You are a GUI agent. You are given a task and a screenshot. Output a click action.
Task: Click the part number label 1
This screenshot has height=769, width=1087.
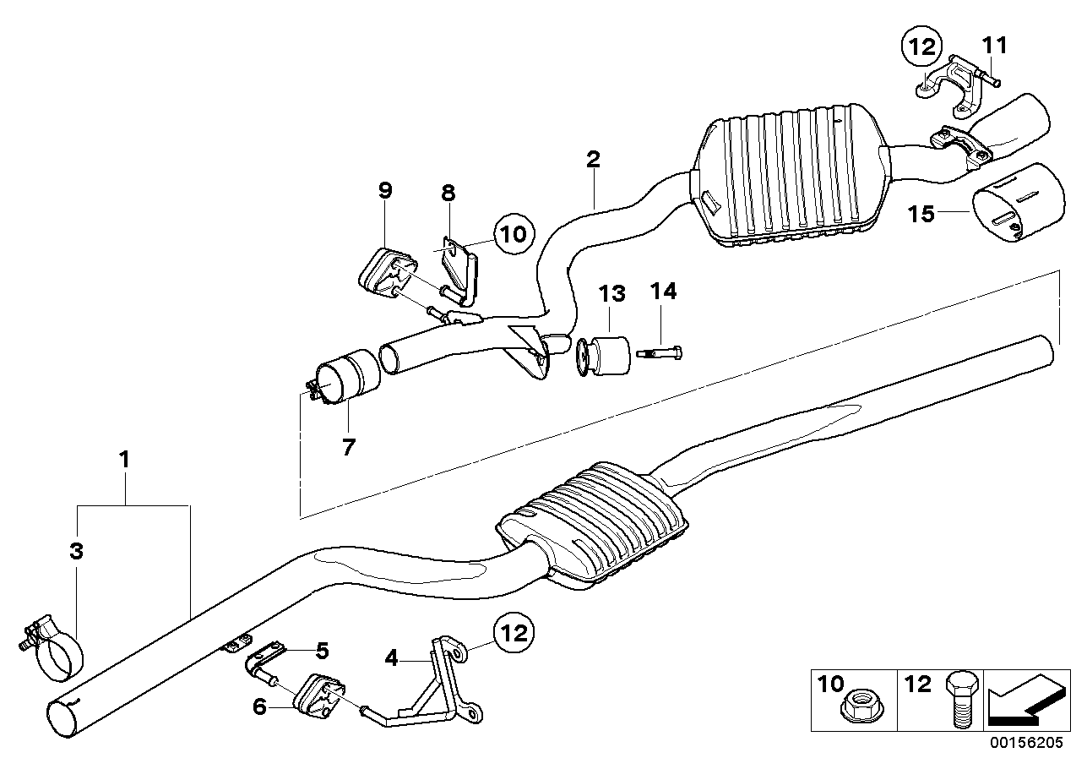[x=125, y=459]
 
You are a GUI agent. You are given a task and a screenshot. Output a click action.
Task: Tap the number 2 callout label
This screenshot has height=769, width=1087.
[x=593, y=159]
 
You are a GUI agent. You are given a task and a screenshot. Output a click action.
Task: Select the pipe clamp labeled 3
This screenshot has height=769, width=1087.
[x=54, y=648]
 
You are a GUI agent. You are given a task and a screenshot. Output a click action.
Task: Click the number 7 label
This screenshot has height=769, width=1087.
[x=349, y=447]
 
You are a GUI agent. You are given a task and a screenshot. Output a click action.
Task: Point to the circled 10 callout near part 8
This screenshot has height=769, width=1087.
[x=514, y=234]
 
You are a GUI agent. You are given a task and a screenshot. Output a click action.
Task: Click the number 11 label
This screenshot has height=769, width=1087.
[x=995, y=45]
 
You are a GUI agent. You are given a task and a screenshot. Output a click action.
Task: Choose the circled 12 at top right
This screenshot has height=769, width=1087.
[x=921, y=47]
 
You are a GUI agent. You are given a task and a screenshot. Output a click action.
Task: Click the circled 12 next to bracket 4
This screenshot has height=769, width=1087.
[x=514, y=633]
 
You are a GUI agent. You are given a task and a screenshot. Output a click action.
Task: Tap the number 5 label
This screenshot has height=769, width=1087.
[x=323, y=651]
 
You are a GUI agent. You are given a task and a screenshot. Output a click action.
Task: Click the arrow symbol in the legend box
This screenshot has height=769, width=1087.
[x=1027, y=701]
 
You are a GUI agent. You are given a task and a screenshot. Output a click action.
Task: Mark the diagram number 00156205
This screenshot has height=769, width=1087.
[x=1026, y=742]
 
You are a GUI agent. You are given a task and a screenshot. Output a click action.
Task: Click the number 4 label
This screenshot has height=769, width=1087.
[x=391, y=658]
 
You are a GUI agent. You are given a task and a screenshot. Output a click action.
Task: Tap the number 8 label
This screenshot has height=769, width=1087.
[x=448, y=193]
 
